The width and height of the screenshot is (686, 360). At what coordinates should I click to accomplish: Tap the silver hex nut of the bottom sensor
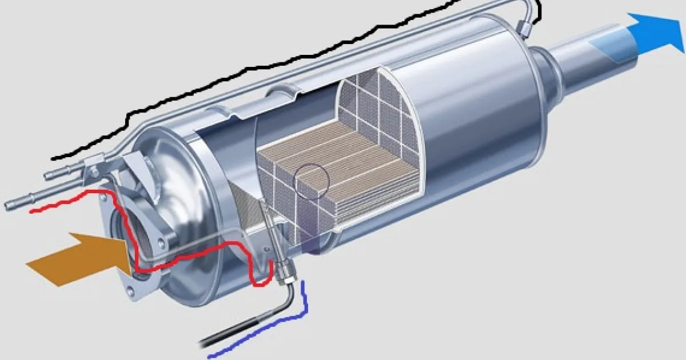283,274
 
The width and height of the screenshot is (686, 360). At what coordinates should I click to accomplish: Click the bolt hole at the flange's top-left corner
104,197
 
